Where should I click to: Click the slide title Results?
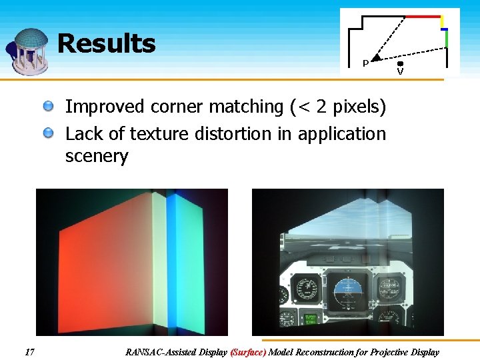pos(107,44)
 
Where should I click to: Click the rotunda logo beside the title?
pos(29,50)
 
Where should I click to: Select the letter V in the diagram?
pos(400,71)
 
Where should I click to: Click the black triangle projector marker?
pos(375,59)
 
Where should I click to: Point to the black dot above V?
pos(400,64)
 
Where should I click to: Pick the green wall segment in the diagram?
pos(447,39)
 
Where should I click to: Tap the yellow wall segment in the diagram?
pos(441,22)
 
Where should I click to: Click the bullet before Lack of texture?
pos(49,133)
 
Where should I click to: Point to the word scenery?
pos(96,157)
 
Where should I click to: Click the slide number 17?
pos(29,351)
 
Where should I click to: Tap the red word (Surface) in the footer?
pos(248,352)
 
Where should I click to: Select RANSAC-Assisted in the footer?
pos(161,352)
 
